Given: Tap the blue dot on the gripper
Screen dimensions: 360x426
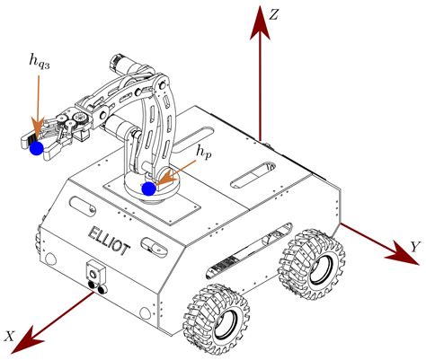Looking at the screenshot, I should [37, 149].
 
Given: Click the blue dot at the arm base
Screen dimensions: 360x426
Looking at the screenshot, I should [149, 189].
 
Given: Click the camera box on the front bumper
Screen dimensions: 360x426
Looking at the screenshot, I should [93, 272].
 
